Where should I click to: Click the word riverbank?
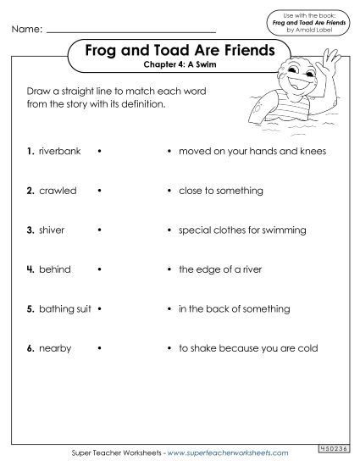(x=59, y=152)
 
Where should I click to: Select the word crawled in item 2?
(x=58, y=191)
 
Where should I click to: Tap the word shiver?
(x=53, y=230)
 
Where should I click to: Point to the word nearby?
(x=54, y=348)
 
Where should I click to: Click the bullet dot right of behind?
(x=100, y=269)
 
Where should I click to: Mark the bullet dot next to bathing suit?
(x=100, y=308)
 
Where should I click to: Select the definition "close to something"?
(x=220, y=191)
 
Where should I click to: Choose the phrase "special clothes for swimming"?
(x=241, y=230)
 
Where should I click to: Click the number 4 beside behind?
(x=30, y=269)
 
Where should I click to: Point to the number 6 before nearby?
(x=30, y=348)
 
